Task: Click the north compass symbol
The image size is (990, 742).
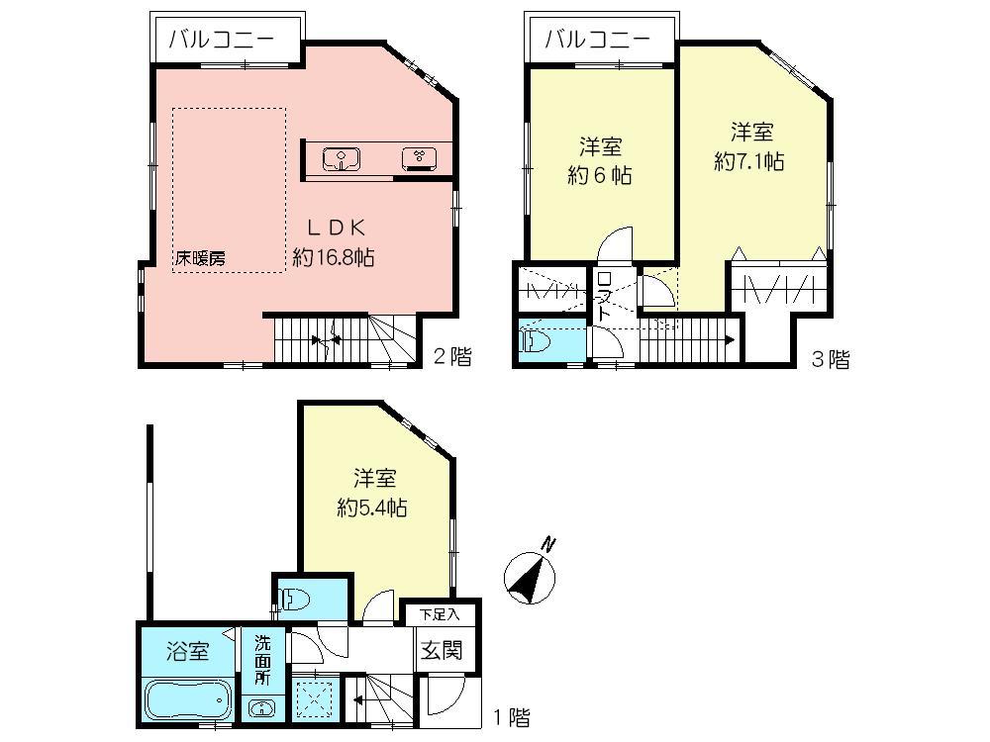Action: coord(531,575)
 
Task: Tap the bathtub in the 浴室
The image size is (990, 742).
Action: coord(188,702)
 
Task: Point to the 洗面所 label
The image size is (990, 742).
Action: coord(262,659)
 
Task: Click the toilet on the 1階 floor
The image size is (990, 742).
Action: coord(296,598)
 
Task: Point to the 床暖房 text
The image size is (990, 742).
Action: coord(201,257)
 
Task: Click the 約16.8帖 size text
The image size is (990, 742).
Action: coord(333,257)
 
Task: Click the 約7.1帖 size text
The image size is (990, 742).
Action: coord(750,161)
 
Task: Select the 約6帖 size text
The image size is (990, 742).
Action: coord(600,176)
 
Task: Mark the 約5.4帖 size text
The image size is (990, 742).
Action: coord(372,509)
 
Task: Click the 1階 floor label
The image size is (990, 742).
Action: coord(511,715)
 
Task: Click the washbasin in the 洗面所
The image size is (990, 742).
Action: coord(262,708)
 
